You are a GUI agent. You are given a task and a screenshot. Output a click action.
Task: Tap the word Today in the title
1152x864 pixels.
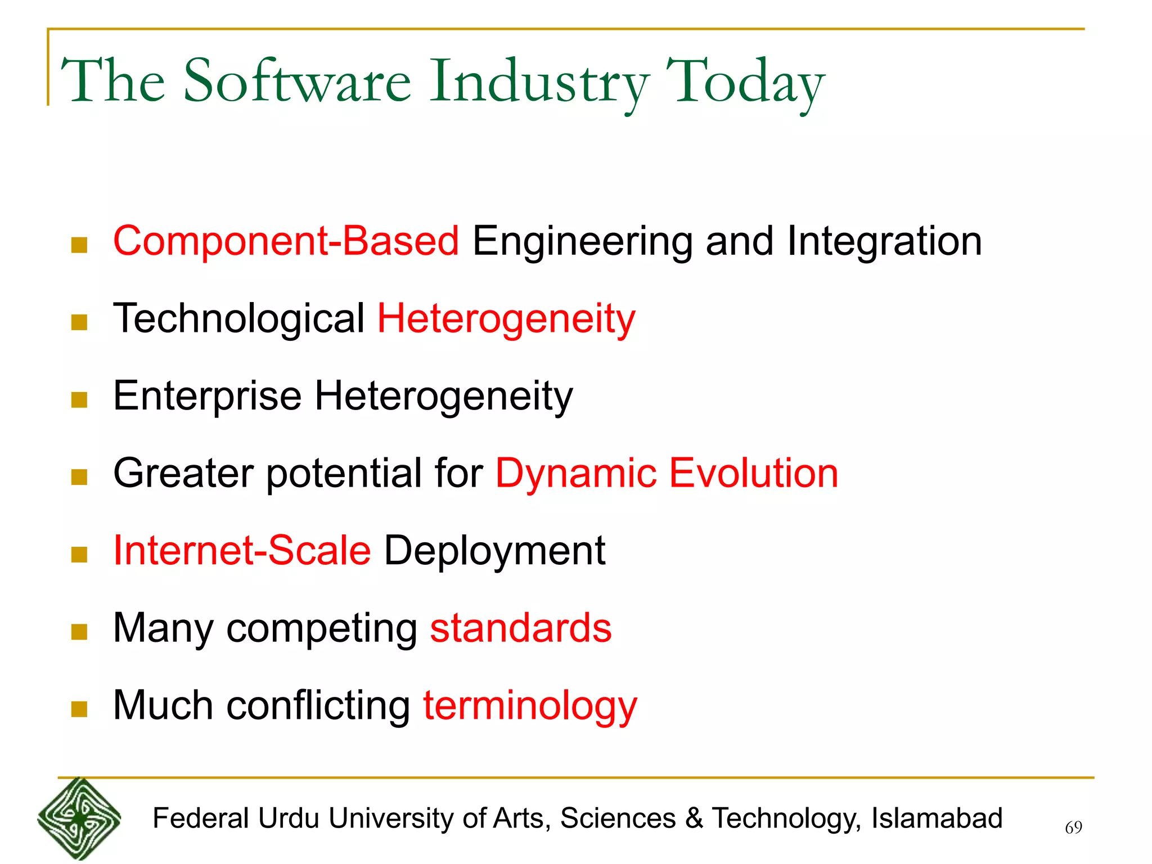click(745, 83)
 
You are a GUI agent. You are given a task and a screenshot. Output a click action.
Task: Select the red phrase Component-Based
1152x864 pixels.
click(286, 241)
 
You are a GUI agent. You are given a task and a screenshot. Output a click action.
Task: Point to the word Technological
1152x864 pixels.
click(239, 319)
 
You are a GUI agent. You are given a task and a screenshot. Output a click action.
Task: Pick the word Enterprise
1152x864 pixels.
click(208, 397)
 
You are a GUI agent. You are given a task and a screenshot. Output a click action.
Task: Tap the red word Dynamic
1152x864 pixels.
click(575, 473)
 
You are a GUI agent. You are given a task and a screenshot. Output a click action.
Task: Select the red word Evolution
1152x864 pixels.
click(753, 473)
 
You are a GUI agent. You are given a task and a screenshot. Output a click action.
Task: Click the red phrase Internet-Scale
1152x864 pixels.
click(242, 551)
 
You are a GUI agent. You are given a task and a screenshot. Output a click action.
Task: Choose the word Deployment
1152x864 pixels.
click(494, 552)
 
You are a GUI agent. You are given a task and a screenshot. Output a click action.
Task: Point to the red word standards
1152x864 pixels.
click(520, 628)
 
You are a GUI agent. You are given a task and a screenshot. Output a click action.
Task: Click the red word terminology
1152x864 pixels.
click(530, 706)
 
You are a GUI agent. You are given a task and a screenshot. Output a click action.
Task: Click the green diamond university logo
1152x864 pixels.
click(79, 819)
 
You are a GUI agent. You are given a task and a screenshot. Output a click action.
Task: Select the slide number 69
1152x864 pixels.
click(1073, 827)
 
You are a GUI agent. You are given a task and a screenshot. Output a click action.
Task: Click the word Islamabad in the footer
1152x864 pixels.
click(937, 818)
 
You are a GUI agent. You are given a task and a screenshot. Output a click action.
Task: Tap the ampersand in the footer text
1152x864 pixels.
click(694, 818)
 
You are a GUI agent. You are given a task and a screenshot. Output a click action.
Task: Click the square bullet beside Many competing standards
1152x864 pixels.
click(79, 632)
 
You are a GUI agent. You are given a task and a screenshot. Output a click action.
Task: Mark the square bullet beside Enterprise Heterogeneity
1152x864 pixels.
click(79, 400)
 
